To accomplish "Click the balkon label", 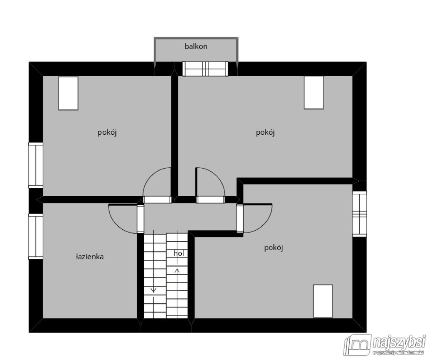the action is tap(196, 47).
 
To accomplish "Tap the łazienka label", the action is tap(90, 257).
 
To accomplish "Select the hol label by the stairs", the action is tap(179, 253).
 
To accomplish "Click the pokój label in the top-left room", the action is tap(107, 133).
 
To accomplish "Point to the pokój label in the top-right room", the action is tap(265, 133).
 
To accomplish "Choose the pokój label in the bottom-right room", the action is tap(273, 248).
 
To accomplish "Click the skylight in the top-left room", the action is tap(68, 93).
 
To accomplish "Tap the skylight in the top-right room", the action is tap(314, 93).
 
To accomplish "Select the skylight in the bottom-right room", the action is tap(323, 301).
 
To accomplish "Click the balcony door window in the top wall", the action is tap(205, 69).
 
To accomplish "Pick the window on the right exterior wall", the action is tap(359, 214).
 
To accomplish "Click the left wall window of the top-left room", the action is tap(35, 165).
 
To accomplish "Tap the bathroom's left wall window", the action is tap(35, 236).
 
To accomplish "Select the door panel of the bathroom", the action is tap(140, 219).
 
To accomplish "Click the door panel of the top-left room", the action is tap(157, 200).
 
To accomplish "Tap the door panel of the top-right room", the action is tap(210, 200).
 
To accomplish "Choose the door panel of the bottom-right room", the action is tap(240, 218).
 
